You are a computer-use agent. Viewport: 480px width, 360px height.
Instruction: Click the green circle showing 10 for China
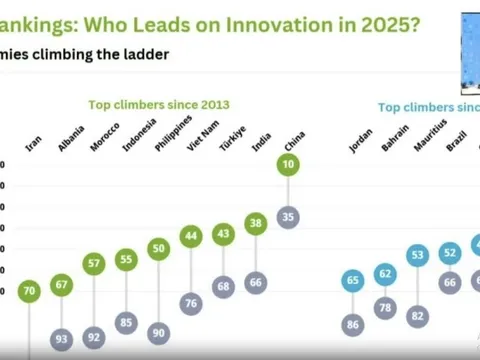[288, 163]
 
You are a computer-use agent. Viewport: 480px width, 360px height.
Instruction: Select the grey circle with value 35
[288, 215]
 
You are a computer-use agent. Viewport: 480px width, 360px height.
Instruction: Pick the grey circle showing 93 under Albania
[62, 340]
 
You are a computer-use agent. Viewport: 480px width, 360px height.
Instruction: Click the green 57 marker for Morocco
[94, 264]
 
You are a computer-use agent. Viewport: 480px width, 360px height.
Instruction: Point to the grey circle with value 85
[126, 323]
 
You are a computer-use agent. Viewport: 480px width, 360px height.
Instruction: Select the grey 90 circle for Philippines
[158, 332]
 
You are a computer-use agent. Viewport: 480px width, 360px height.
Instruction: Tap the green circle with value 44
[190, 236]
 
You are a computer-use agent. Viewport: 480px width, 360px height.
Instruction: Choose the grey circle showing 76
[190, 303]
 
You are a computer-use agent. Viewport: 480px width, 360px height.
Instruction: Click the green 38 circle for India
[256, 224]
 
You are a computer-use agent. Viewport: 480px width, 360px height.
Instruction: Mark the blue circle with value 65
[353, 282]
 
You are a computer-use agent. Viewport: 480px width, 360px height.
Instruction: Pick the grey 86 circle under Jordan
[353, 324]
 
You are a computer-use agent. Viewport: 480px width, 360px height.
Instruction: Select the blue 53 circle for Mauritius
[418, 256]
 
